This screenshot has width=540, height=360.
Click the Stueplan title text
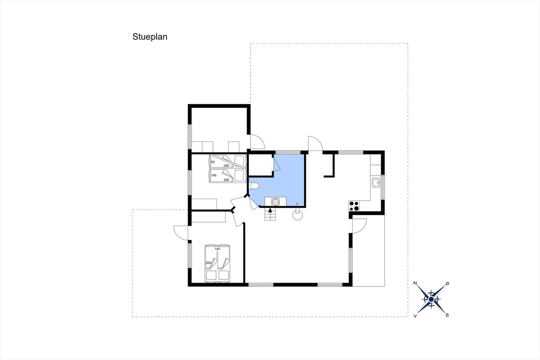[150, 37]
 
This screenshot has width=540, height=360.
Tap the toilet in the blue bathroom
[254, 186]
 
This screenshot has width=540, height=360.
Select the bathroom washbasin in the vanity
[275, 202]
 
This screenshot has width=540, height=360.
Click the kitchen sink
[376, 182]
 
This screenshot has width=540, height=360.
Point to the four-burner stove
[354, 206]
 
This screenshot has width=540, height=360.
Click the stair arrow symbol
[270, 210]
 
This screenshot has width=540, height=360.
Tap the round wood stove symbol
[297, 215]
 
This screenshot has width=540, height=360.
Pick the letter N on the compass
[415, 283]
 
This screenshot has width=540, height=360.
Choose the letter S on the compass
[447, 315]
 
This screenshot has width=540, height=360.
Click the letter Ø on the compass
[448, 284]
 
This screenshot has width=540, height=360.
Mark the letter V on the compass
[415, 316]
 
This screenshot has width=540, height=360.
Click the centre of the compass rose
[431, 300]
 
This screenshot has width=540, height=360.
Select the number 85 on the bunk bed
[213, 162]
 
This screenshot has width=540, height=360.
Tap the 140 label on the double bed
[217, 249]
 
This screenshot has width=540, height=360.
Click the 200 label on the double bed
[209, 263]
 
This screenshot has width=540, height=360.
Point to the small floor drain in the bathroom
[297, 204]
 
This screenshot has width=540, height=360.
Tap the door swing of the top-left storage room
[260, 139]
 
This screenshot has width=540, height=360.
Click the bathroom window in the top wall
[288, 152]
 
